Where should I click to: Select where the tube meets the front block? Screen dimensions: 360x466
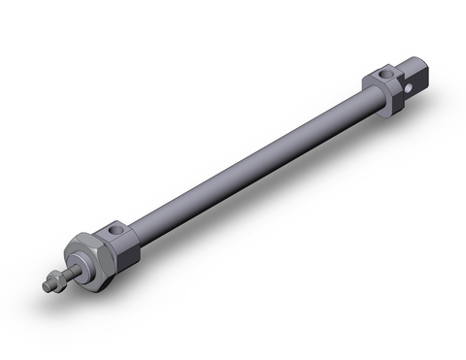click(140, 233)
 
